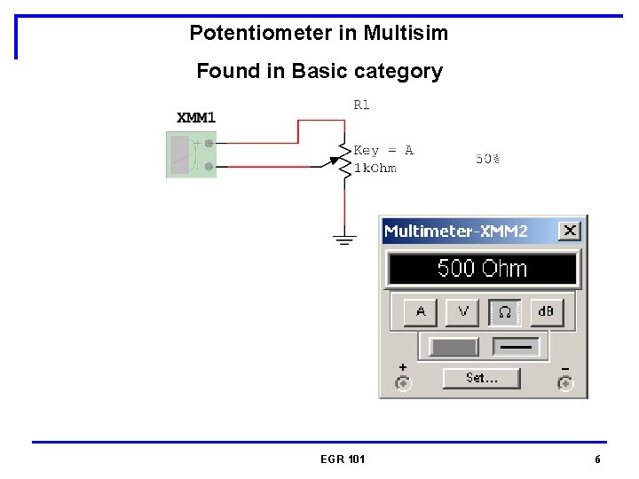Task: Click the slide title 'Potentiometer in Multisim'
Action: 319,34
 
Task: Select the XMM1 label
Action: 196,117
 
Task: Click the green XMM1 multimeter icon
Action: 191,154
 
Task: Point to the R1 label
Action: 361,105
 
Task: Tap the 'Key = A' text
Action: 383,151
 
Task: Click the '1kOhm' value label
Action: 375,169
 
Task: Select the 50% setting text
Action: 487,159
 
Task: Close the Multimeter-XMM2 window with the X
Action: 569,231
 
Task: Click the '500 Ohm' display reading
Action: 482,268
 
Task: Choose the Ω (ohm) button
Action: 504,311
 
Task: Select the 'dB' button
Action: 546,311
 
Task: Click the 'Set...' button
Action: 481,378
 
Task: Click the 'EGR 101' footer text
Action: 343,459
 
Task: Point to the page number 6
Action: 597,459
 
